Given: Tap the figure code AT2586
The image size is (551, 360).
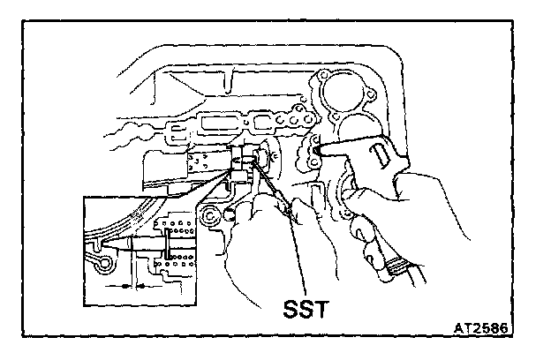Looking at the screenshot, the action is pos(487,327).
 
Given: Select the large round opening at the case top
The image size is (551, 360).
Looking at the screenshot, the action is pos(343,92).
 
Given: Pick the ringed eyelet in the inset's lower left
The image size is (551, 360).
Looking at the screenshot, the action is pos(103,263).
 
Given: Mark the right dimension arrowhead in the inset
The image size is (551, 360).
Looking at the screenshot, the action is pos(142,287).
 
